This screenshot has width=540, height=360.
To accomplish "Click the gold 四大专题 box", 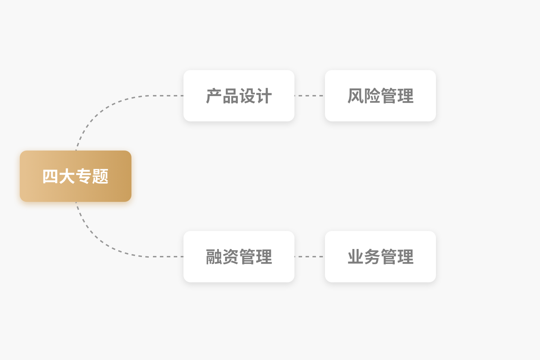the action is (76, 176).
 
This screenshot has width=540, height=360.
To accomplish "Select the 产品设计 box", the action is (239, 96).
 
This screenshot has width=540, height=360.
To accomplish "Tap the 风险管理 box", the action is (380, 96).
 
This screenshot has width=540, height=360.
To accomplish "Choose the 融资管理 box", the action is (239, 257).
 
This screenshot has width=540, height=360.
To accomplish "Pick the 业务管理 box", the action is (380, 257).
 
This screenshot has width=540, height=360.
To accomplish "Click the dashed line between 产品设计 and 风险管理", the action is (309, 96).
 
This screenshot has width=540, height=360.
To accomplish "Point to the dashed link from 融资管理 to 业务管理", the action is (309, 257).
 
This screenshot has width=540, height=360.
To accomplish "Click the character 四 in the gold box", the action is (50, 176).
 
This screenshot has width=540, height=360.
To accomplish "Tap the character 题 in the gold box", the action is (100, 176).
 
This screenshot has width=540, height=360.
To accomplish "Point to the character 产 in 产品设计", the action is (214, 96).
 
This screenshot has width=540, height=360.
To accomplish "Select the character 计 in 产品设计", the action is (264, 96).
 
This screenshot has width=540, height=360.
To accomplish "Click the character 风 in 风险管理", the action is (355, 96).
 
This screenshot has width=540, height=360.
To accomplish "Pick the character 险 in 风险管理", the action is (372, 96).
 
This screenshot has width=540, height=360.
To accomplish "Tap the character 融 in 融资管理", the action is (214, 257).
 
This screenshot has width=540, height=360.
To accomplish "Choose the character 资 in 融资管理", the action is (231, 257).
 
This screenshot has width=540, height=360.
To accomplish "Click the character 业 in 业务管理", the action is (355, 257).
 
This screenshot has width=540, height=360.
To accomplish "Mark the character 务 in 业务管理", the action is (372, 257).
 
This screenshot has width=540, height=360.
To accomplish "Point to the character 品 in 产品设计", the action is (231, 96).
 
